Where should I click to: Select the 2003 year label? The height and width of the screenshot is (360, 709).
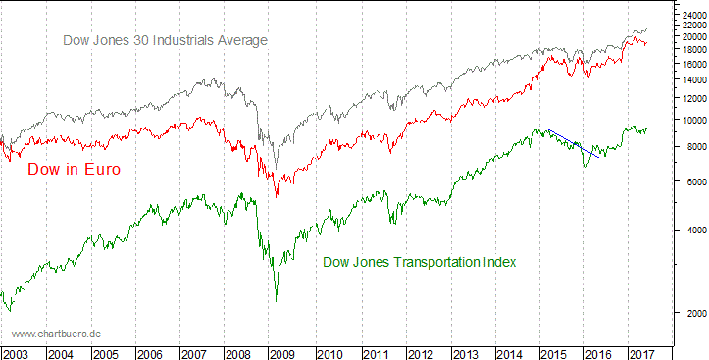(x=15, y=352)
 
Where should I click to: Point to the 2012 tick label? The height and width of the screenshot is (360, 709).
(x=420, y=352)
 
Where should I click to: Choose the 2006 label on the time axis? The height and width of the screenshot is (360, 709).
(x=150, y=352)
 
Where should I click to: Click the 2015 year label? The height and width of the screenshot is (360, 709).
(x=556, y=352)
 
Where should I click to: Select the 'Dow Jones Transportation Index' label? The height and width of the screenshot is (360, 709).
(x=420, y=262)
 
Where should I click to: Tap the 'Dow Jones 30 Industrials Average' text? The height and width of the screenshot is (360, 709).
(x=165, y=40)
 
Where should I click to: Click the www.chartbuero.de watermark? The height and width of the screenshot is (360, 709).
(x=57, y=334)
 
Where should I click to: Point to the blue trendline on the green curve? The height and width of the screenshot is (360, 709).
(x=573, y=143)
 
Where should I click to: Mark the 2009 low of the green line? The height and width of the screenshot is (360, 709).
(x=277, y=298)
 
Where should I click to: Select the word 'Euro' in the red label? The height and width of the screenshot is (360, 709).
(x=101, y=170)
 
